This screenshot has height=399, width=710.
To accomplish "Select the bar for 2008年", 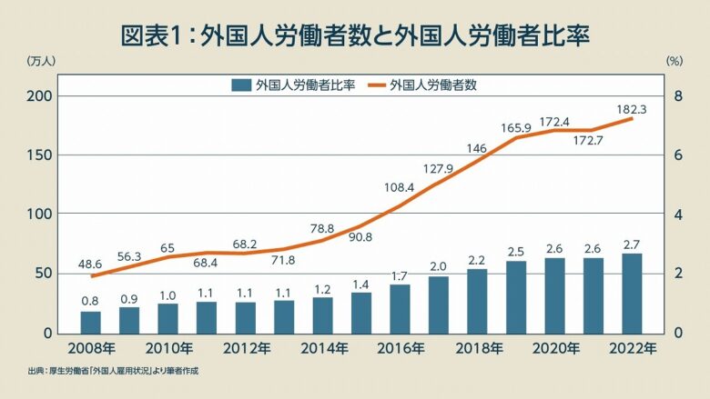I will click(90, 322).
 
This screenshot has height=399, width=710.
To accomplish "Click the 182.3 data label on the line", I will click(632, 109).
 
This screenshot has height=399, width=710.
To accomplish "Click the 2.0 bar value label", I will click(439, 265).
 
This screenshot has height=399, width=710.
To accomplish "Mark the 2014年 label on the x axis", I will click(322, 348).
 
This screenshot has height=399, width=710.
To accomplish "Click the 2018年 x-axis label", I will click(477, 348).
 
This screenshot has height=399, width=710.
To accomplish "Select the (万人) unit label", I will click(42, 62).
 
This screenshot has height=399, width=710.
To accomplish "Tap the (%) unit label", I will click(674, 62).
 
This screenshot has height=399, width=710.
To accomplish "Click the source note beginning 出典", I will click(113, 371).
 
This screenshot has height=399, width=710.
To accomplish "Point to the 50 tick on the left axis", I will click(46, 274).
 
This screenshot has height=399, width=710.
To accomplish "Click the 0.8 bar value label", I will click(90, 300).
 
